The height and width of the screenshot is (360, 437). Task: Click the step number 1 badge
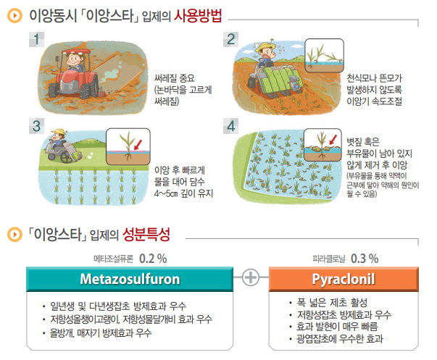click(x=36, y=39)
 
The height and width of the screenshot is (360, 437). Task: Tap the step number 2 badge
click(x=230, y=39)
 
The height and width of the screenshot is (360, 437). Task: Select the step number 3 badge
click(x=36, y=126)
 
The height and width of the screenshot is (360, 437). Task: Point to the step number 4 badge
click(x=230, y=126)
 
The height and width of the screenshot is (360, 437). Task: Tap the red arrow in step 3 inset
click(x=138, y=145)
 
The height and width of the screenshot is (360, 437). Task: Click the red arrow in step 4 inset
click(x=333, y=140)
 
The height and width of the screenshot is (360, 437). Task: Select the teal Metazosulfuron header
click(x=130, y=279)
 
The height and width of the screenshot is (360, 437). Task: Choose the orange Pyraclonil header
click(x=344, y=279)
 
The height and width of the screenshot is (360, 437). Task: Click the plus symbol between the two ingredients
click(x=251, y=277)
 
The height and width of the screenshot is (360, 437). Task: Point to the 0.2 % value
click(x=153, y=259)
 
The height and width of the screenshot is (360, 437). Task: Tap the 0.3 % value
click(x=365, y=259)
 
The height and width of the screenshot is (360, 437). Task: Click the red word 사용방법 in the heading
click(x=198, y=16)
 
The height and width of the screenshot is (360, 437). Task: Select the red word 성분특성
click(x=146, y=235)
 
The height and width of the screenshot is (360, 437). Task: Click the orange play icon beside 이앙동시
click(x=14, y=16)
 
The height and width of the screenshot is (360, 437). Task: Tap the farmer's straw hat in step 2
click(x=266, y=46)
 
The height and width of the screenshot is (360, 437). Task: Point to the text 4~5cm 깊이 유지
click(x=183, y=193)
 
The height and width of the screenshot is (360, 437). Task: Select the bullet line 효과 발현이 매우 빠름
click(x=337, y=326)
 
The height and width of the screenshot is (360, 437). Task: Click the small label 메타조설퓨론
click(x=114, y=259)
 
